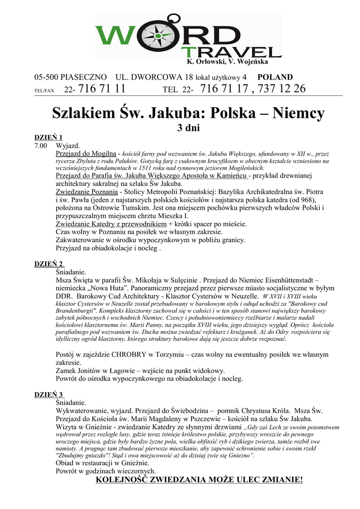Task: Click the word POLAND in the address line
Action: pyautogui.click(x=275, y=77)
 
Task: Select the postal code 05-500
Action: pyautogui.click(x=44, y=77)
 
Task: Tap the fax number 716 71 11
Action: pyautogui.click(x=102, y=89)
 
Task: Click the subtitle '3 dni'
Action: pyautogui.click(x=188, y=128)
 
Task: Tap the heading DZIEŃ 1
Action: pyautogui.click(x=48, y=138)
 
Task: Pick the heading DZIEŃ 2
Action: pyautogui.click(x=48, y=264)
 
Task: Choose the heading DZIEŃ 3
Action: pyautogui.click(x=48, y=395)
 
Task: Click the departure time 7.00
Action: pyautogui.click(x=41, y=146)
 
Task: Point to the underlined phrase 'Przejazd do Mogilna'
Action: pyautogui.click(x=86, y=154)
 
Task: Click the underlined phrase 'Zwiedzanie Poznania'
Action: pyautogui.click(x=87, y=192)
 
